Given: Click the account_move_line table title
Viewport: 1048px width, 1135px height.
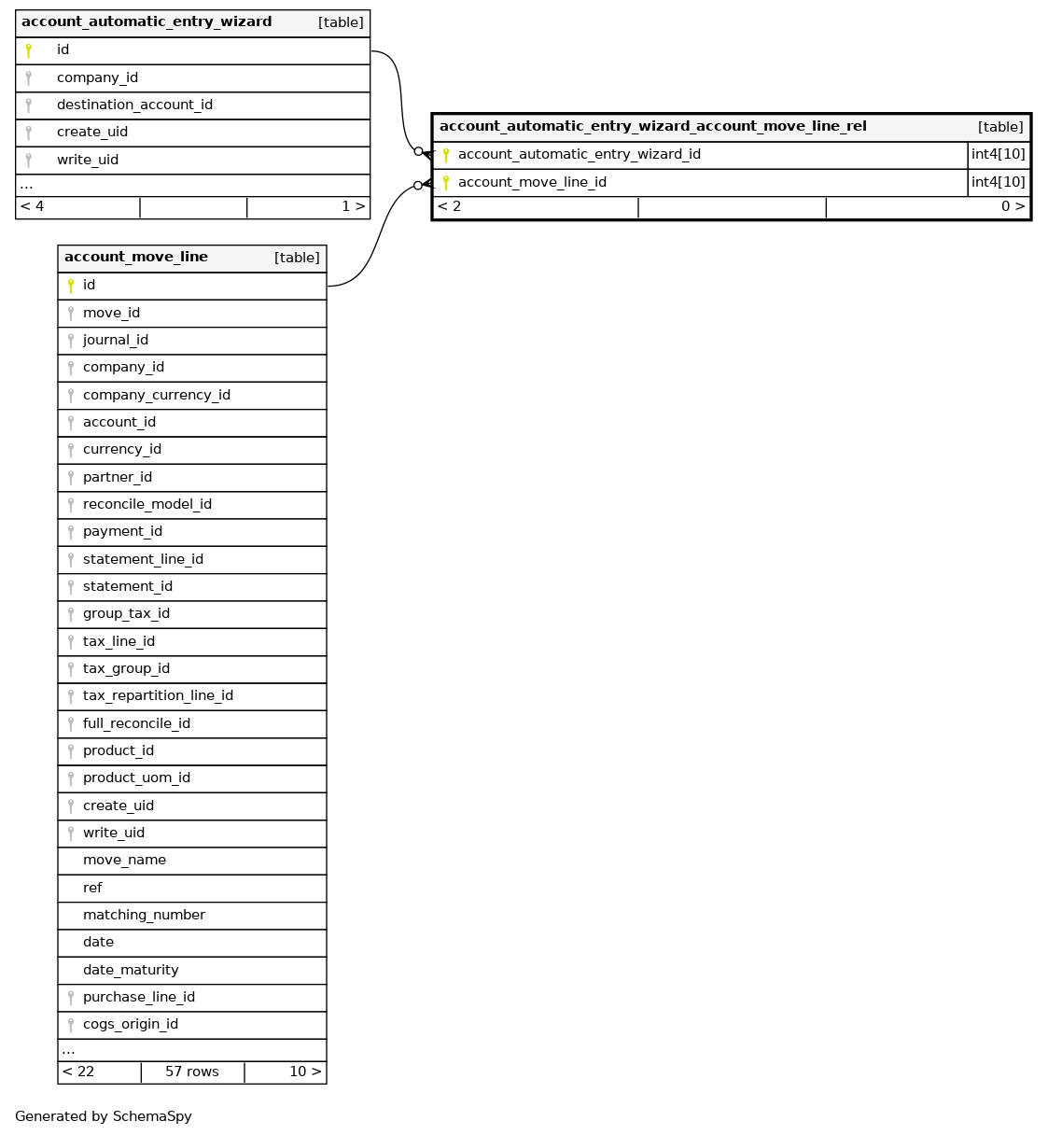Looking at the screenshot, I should tap(136, 258).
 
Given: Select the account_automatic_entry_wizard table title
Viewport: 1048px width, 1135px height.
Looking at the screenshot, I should tap(147, 22).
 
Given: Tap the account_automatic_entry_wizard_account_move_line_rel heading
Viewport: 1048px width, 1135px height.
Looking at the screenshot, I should tap(652, 127).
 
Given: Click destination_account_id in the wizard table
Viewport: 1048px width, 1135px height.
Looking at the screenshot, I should tap(134, 105).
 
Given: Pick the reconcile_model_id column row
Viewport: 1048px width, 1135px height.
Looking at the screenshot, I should tap(147, 505).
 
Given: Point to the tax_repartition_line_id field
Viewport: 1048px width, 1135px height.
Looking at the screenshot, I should tap(158, 696).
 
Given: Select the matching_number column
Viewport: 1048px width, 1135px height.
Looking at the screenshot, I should tap(144, 916).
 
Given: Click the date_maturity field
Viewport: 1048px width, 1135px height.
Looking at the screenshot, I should tap(131, 971).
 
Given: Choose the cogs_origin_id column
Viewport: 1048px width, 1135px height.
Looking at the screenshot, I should tap(131, 1025).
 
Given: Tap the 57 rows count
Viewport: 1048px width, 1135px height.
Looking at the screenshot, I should tap(192, 1072).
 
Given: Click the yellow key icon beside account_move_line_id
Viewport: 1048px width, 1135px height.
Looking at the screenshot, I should tap(446, 183).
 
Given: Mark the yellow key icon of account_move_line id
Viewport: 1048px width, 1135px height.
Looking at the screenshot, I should tap(71, 286).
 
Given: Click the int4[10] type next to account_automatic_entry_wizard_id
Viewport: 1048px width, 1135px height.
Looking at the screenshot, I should tap(999, 155).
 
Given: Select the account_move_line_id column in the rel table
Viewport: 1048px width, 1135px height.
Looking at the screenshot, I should tap(532, 183).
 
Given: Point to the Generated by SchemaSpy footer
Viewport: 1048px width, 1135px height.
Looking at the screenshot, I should tap(104, 1117).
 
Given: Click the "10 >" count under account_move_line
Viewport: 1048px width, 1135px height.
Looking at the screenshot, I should tap(305, 1072).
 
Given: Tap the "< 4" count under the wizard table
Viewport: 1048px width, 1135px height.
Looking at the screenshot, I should tap(33, 207).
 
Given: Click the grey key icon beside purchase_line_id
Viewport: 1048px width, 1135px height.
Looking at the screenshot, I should tap(71, 998).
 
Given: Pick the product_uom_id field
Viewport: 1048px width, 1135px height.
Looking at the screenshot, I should tap(136, 778).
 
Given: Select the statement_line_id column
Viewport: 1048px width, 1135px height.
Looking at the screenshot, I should tap(143, 560).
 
